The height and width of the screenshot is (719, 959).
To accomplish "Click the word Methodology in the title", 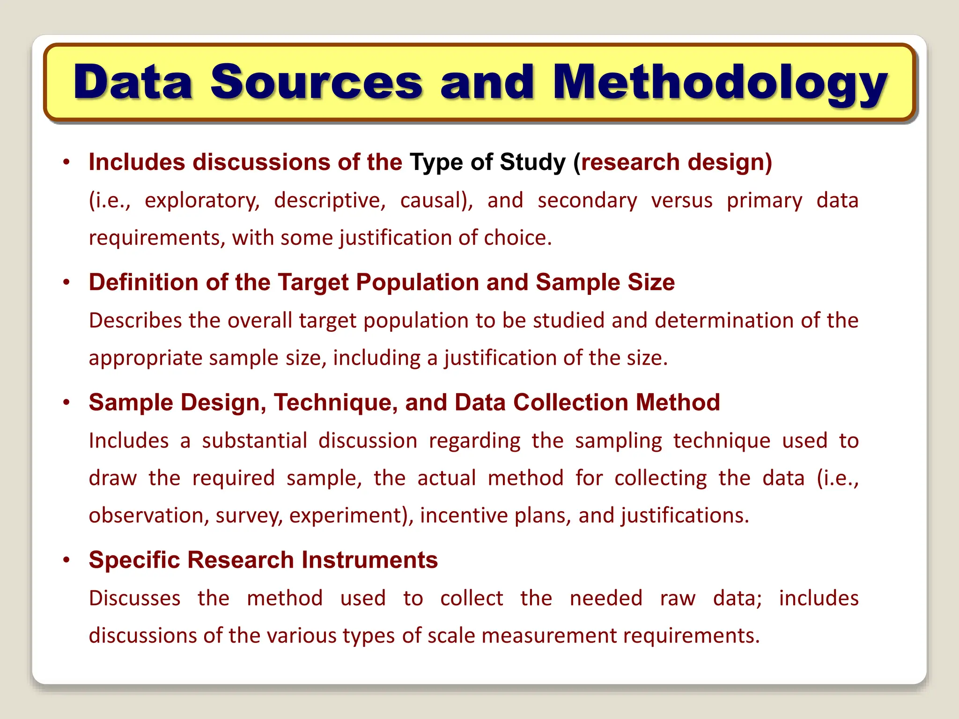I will click(x=720, y=83).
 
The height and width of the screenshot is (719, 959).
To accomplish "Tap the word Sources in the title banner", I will click(x=317, y=82).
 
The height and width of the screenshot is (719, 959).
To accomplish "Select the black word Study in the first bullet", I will click(x=533, y=162).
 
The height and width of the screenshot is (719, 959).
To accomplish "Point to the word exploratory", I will click(x=202, y=201).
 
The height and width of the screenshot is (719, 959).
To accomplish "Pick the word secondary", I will click(x=587, y=201).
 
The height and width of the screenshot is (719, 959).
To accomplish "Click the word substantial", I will click(x=254, y=441).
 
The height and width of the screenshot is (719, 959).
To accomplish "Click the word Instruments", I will click(x=369, y=560).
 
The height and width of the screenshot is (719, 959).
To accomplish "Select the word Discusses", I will click(x=135, y=598).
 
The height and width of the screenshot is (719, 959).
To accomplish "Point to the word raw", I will click(x=678, y=599).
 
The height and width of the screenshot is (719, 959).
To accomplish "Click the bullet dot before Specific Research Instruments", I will click(x=67, y=560).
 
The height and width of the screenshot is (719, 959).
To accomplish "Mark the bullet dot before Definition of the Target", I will click(x=67, y=282).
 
